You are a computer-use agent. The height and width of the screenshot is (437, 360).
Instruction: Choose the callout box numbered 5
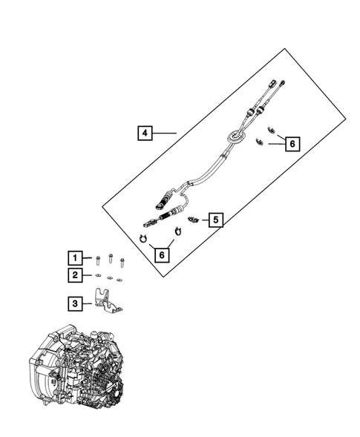coord(215,220)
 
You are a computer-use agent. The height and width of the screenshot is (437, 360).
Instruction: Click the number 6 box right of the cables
coord(292,144)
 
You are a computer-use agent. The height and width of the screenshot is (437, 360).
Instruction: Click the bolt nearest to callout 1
coord(97,258)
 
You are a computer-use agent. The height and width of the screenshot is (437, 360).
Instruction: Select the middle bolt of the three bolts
coord(110,259)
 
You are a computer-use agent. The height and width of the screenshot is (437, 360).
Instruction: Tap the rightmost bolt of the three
coord(122,262)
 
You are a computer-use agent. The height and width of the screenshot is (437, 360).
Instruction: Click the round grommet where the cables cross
coord(235,137)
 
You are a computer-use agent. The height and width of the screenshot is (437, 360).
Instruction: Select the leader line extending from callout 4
coord(165,134)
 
